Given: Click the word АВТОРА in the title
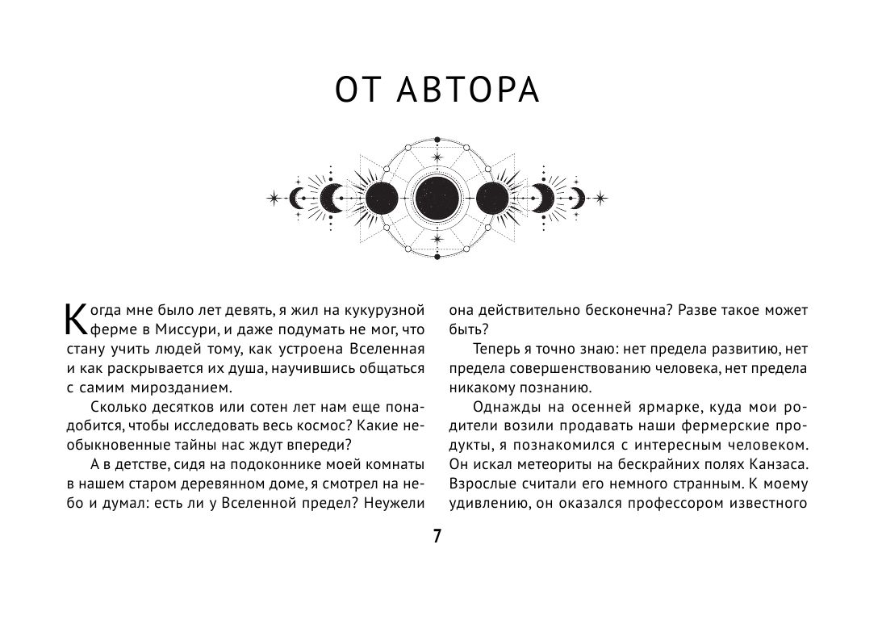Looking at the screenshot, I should tap(470, 90).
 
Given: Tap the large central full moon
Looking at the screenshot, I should tap(438, 196).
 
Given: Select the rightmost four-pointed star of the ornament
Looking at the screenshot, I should tap(601, 196).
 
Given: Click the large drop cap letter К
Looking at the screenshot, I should tap(73, 320).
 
